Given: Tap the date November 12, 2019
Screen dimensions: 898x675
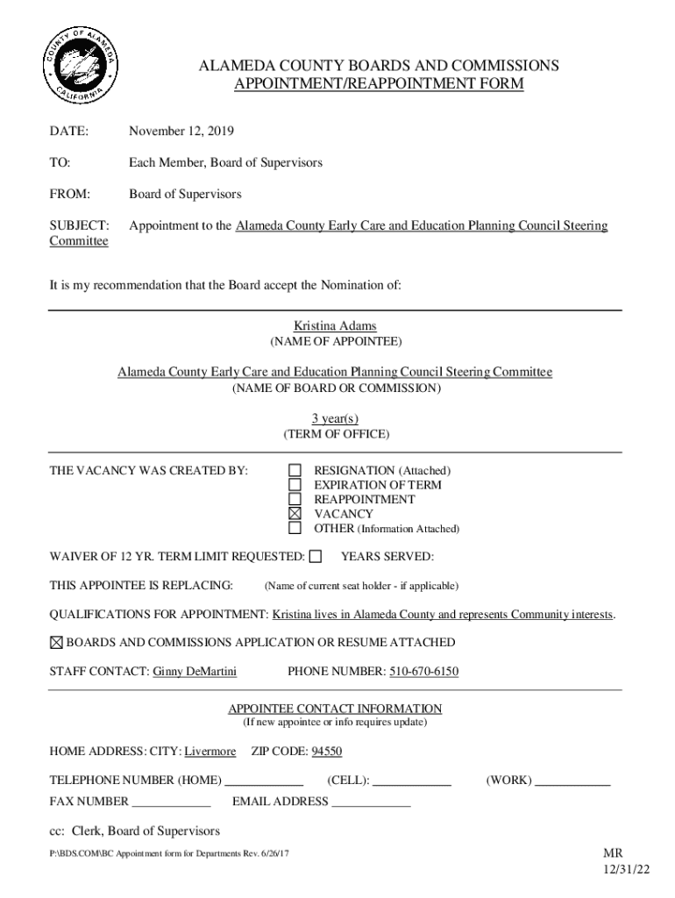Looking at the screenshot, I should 181,132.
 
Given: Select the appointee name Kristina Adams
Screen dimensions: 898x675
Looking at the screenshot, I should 335,326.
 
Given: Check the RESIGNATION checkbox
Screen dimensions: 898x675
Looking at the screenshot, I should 295,471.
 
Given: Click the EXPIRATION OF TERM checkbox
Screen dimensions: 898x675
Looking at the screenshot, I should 295,485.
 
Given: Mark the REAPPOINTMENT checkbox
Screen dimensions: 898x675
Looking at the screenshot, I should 295,499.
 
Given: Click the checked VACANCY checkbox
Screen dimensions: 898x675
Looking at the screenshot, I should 295,514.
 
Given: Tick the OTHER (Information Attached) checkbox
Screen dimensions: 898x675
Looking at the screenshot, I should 295,528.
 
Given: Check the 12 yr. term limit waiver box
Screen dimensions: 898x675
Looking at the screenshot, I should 316,556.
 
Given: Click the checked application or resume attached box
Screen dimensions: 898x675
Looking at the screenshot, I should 57,643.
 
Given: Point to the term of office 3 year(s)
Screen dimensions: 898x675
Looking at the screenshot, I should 335,418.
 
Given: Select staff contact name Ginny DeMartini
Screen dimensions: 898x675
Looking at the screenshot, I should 195,673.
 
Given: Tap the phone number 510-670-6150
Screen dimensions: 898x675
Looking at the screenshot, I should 423,673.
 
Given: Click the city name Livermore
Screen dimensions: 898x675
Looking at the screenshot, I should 210,752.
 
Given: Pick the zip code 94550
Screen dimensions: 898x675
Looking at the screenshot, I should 321,752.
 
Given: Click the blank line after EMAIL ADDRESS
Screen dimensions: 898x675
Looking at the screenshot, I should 371,802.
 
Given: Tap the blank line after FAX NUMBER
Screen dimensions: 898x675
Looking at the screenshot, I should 171,802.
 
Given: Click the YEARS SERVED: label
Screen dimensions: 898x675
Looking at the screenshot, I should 387,557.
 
